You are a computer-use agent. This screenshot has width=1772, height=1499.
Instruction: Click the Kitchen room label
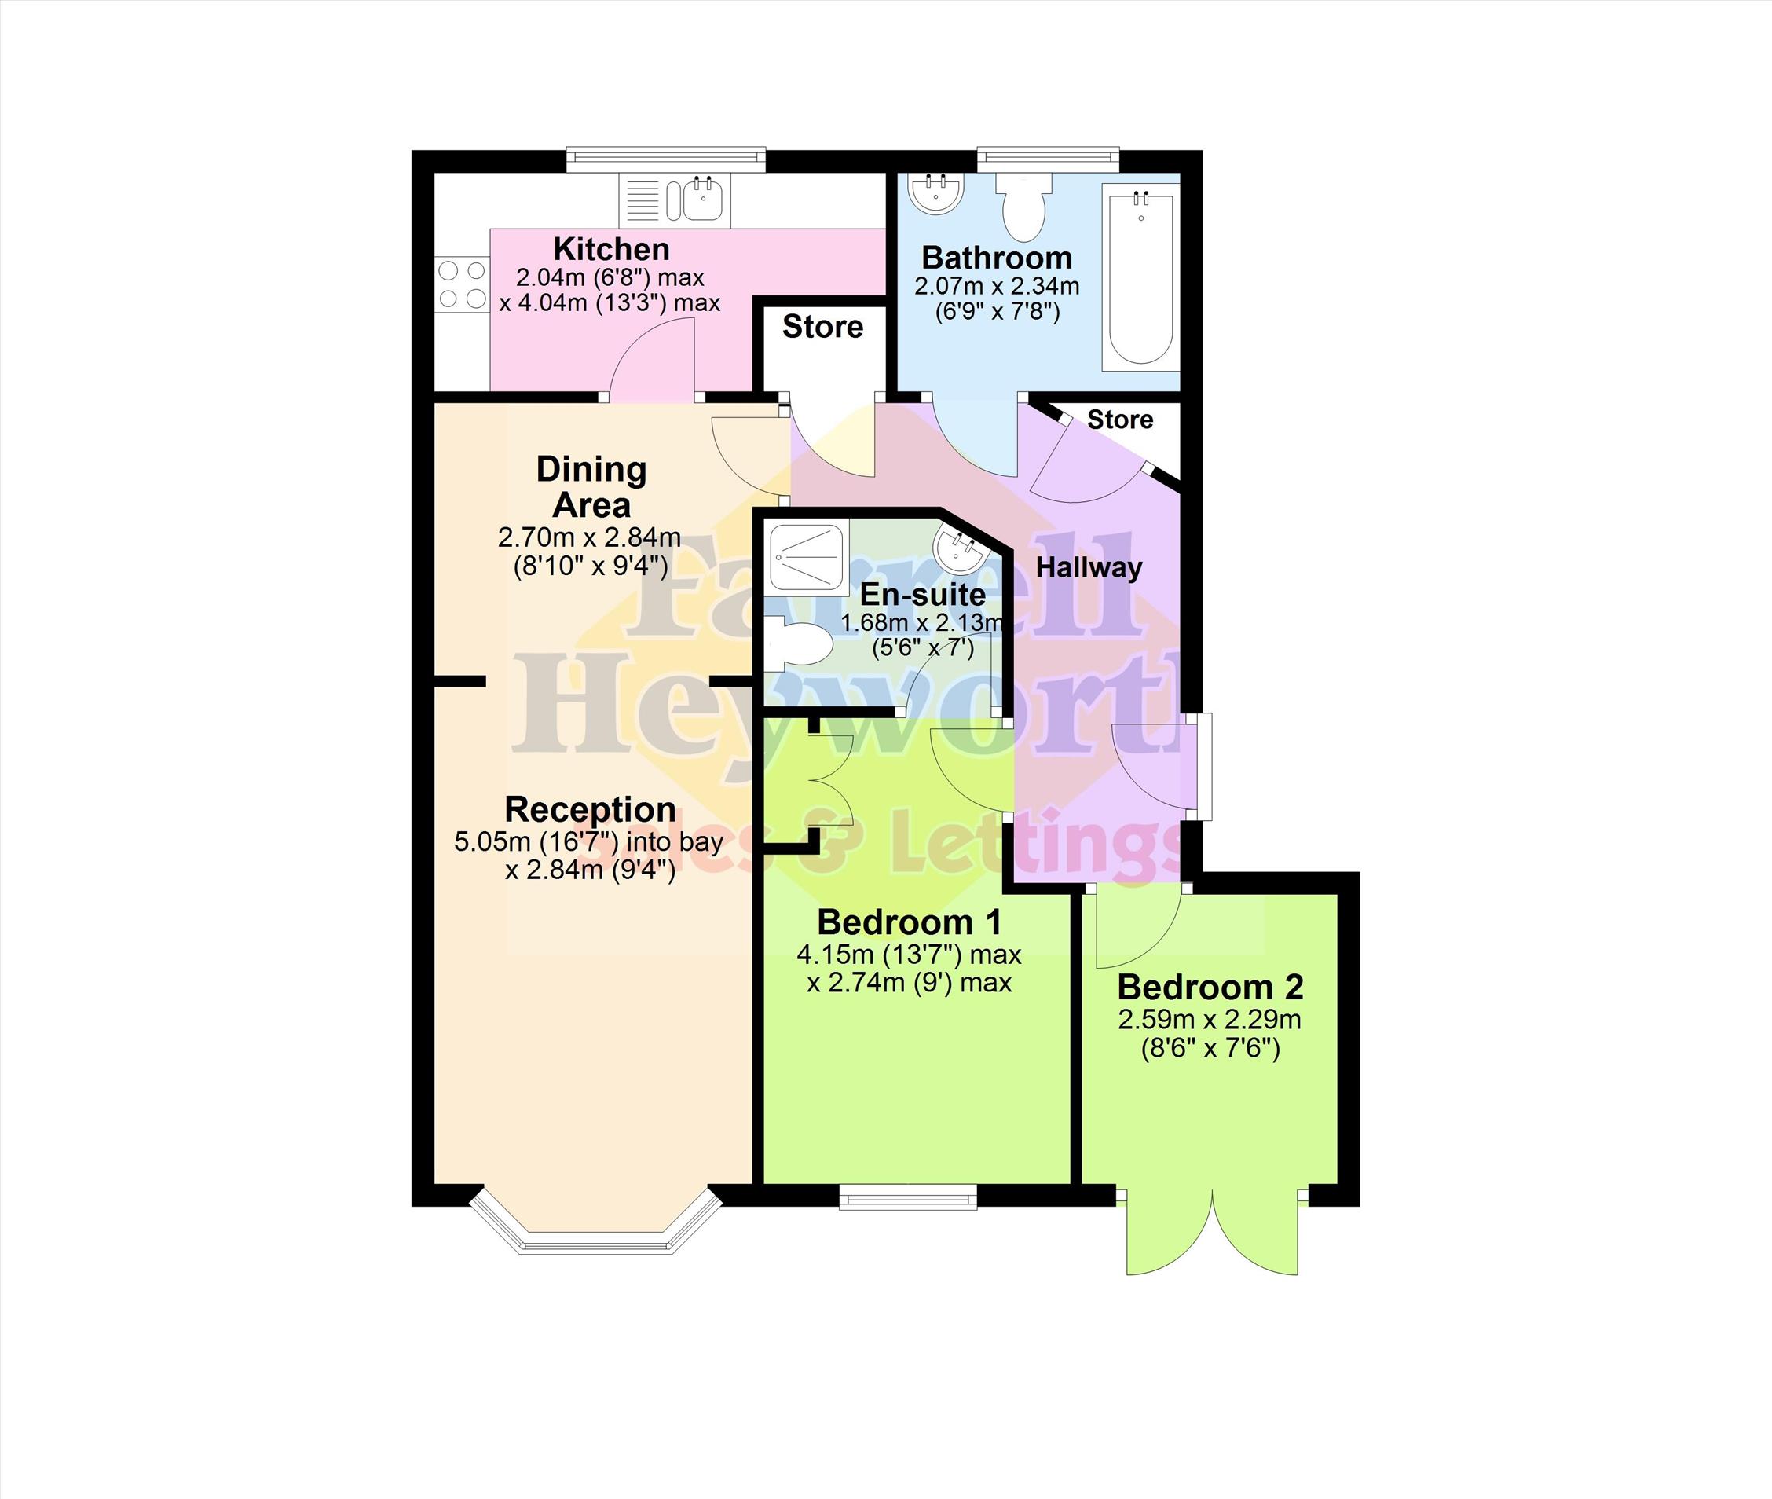coord(611,249)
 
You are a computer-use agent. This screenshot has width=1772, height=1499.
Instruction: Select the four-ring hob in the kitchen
coord(462,284)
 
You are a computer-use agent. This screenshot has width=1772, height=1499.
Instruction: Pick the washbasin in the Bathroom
coord(935,191)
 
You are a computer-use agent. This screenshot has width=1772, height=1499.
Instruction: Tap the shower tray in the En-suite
coord(806,555)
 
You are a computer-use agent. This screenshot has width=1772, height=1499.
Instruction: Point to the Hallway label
coord(1088,568)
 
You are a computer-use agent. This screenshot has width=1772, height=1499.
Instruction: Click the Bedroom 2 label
coord(1210,988)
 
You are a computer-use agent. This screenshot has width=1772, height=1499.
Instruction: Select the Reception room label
coord(591,809)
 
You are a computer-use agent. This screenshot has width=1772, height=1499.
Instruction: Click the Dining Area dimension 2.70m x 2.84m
coord(590,537)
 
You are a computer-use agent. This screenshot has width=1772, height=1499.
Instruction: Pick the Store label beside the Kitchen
coord(822,326)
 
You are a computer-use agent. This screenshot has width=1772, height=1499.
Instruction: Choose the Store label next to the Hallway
coord(1119,419)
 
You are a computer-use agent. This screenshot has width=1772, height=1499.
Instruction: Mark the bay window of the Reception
coord(595,1225)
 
